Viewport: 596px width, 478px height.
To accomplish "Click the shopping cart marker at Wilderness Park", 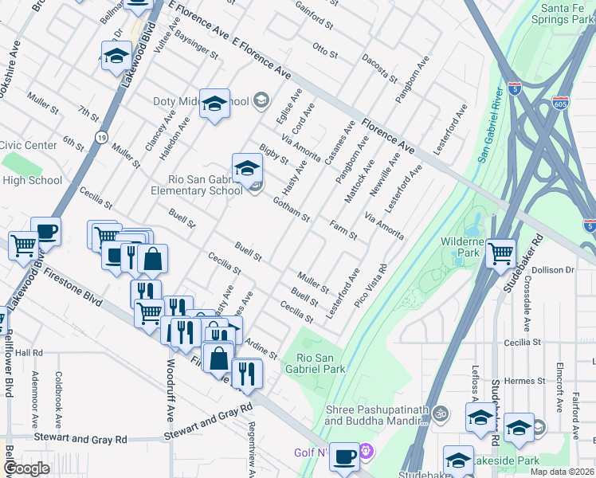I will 500,253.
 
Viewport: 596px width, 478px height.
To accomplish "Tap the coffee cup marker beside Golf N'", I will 344,456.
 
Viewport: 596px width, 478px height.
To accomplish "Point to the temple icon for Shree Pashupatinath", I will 441,413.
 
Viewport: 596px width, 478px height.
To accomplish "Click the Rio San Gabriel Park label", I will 320,363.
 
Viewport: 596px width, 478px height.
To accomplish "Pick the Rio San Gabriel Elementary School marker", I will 248,167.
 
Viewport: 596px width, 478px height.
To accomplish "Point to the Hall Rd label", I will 28,352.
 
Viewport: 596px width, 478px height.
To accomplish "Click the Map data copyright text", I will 562,472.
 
